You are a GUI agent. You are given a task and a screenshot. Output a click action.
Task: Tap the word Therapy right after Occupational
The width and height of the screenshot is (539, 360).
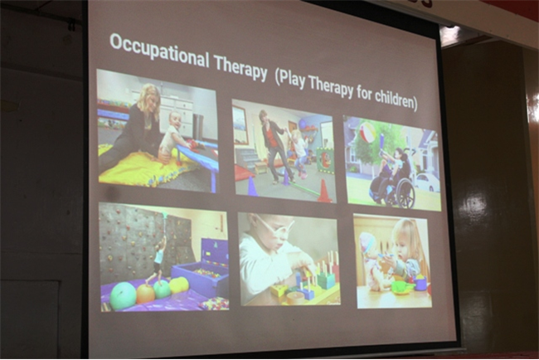click(x=240, y=68)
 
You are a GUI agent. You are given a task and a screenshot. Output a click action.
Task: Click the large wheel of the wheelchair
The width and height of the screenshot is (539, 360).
click(x=405, y=193)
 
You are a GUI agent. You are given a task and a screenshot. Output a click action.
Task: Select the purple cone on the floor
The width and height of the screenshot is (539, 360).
click(x=252, y=186)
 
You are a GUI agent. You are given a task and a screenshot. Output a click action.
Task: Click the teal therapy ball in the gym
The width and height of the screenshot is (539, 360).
click(x=123, y=296)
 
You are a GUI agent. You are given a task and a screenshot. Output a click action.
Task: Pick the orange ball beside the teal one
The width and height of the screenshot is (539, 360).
click(x=146, y=294)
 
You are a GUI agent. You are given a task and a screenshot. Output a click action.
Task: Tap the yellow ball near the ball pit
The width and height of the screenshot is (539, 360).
click(x=179, y=285)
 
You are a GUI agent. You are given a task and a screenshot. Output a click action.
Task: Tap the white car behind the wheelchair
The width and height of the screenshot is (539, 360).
click(x=427, y=182)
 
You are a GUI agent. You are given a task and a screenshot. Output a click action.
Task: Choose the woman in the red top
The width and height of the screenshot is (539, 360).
click(x=275, y=145)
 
